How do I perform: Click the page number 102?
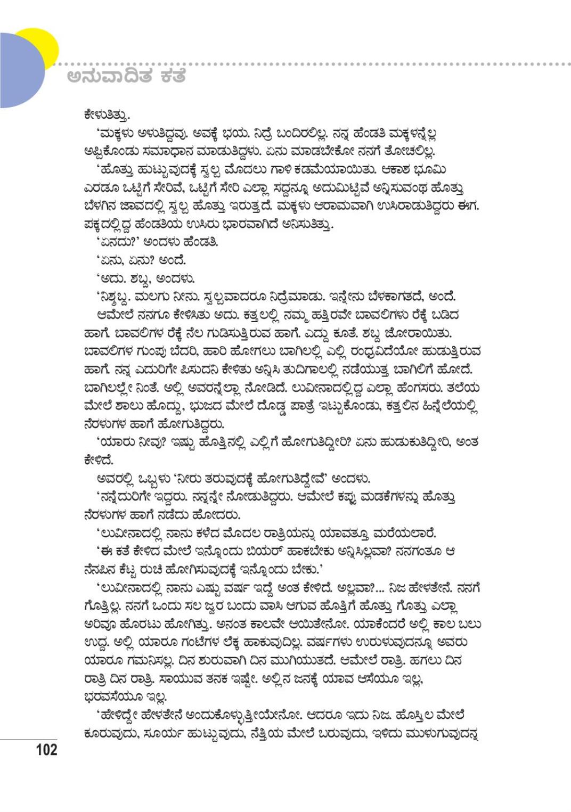coord(46,750)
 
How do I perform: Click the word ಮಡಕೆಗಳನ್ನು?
coord(392,497)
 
